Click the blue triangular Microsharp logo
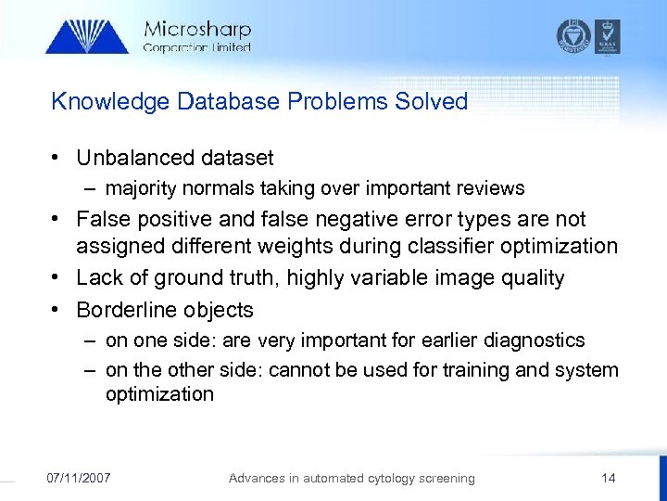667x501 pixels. pyautogui.click(x=87, y=36)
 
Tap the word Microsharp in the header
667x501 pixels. pyautogui.click(x=197, y=30)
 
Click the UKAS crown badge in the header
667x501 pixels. pyautogui.click(x=608, y=35)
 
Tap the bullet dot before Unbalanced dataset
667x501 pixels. pyautogui.click(x=58, y=159)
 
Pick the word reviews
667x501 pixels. pyautogui.click(x=490, y=188)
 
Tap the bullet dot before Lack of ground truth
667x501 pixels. pyautogui.click(x=58, y=277)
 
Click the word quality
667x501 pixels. pyautogui.click(x=532, y=277)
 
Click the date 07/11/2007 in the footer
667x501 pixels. pyautogui.click(x=79, y=478)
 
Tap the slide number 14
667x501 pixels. pyautogui.click(x=608, y=478)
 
